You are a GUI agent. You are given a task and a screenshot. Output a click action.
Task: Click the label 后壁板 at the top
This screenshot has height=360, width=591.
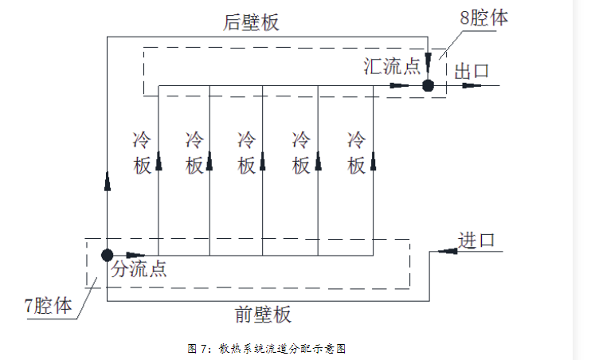tap(251, 22)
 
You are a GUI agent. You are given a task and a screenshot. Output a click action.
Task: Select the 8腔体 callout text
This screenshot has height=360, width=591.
tap(483, 18)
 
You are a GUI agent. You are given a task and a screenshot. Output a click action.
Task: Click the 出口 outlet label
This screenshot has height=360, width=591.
tap(471, 71)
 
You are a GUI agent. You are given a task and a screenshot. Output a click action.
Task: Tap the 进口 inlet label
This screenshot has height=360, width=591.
tap(477, 240)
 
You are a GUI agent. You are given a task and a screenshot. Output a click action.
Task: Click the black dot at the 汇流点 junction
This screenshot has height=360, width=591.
tap(428, 85)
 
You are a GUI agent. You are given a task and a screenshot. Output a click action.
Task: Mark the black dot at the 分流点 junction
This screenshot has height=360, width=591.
tap(106, 255)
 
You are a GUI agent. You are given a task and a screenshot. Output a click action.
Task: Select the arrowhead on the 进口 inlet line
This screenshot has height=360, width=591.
tap(448, 251)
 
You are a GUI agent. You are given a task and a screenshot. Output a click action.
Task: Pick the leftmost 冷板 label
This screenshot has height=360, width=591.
tap(142, 153)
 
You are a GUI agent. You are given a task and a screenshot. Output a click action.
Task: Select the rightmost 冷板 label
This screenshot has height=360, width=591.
tap(356, 153)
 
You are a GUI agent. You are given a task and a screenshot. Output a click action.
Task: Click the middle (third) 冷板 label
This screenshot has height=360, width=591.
tap(247, 153)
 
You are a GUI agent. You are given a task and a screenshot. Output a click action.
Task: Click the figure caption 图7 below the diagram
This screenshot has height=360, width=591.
tap(267, 348)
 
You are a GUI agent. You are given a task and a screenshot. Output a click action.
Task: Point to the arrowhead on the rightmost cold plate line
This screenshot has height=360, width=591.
tap(373, 163)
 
